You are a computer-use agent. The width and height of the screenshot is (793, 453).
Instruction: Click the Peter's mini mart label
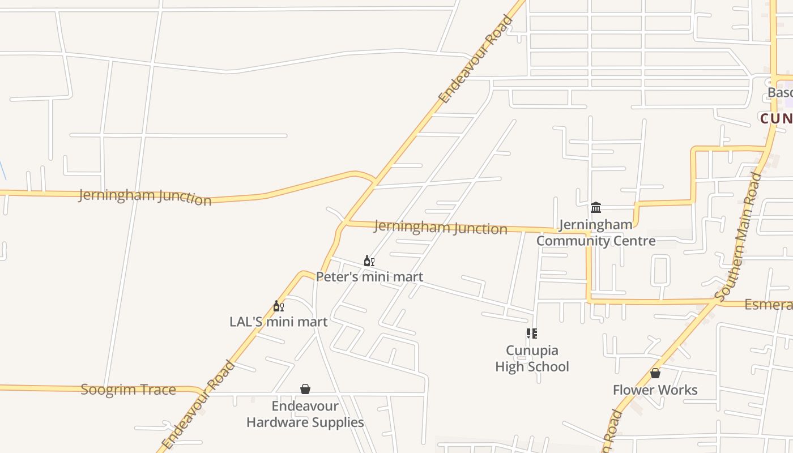(369, 277)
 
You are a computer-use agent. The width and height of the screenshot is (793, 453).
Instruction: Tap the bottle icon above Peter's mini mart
(369, 261)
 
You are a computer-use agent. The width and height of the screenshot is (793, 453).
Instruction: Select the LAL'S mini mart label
(278, 322)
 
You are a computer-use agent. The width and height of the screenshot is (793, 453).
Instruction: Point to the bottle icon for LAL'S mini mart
(278, 306)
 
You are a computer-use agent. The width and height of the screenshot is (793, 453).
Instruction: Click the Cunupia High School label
(532, 358)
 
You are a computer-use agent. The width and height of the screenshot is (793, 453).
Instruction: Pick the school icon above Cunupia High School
(531, 334)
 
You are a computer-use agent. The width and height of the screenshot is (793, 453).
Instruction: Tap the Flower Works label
(655, 390)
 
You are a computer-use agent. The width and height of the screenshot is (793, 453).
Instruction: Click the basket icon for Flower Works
(655, 374)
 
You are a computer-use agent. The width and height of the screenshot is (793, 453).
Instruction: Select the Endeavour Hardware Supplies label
(305, 414)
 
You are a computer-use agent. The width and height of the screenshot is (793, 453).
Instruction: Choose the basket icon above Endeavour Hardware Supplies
(305, 389)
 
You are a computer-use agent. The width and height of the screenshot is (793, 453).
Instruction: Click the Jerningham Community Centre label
(596, 233)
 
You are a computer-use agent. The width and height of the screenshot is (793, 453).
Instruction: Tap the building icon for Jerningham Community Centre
(596, 208)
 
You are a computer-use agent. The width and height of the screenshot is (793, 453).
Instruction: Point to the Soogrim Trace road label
(128, 390)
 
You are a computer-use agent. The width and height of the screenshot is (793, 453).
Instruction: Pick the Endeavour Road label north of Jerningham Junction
(476, 59)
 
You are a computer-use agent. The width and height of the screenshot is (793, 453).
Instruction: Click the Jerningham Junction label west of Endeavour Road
(145, 196)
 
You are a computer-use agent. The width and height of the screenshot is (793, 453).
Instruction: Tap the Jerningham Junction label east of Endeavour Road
(440, 228)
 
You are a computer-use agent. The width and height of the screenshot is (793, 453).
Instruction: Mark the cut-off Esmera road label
(769, 305)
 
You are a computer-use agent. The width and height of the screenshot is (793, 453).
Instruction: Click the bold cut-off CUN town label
(776, 118)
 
